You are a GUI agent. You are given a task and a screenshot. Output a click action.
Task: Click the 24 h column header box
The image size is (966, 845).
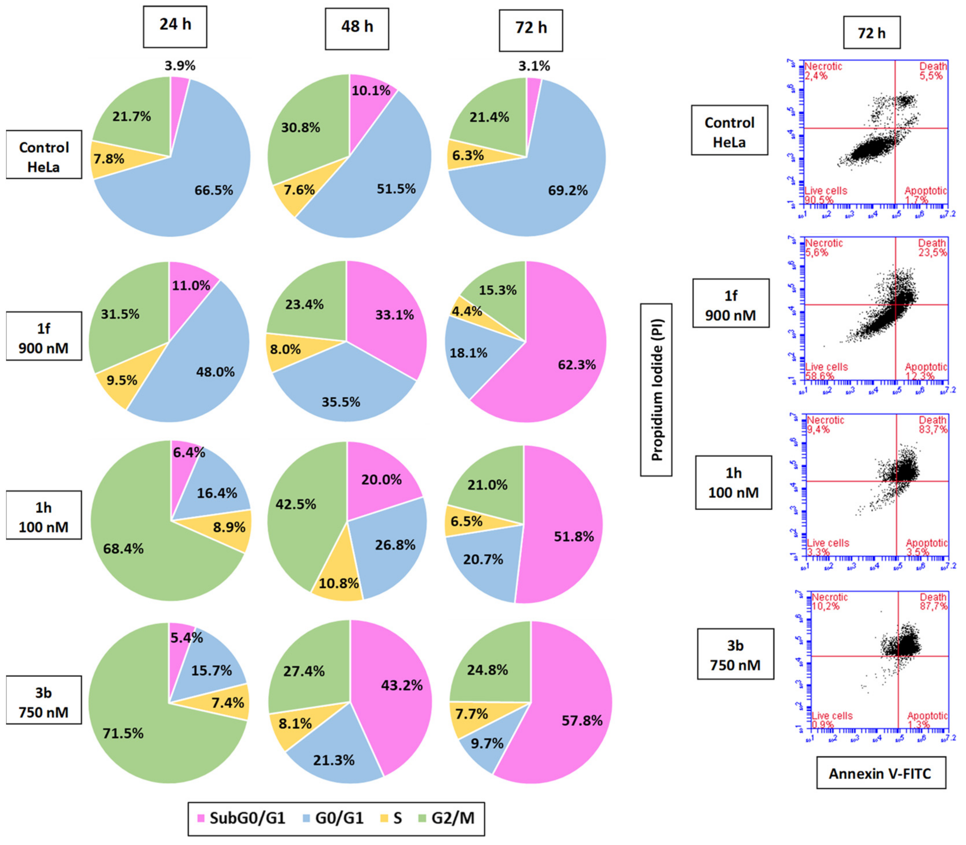175,27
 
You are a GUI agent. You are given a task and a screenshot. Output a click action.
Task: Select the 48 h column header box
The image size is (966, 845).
357,28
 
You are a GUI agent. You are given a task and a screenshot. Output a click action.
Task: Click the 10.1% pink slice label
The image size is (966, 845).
371,91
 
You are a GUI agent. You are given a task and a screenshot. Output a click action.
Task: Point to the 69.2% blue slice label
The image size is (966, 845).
568,190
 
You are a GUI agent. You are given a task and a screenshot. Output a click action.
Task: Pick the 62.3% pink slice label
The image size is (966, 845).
577,364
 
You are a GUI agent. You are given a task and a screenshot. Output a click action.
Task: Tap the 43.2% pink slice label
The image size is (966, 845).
402,685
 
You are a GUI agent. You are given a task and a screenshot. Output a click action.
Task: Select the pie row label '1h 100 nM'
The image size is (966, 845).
43,517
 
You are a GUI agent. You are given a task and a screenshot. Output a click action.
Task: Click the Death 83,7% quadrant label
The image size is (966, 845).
933,425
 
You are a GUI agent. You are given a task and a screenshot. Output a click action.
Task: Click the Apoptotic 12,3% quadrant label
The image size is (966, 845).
925,372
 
